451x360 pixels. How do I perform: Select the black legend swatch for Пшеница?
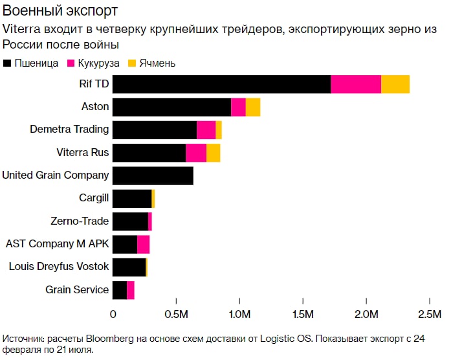point(8,63)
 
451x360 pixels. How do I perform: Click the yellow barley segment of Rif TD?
point(395,84)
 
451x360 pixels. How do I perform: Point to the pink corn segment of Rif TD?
point(356,84)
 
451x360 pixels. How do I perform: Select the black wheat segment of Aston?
point(171,107)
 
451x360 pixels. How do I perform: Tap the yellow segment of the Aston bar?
point(253,107)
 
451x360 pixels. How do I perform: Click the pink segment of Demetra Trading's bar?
point(206,129)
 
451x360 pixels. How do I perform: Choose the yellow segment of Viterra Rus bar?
point(213,153)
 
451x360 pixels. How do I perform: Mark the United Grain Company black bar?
point(153,175)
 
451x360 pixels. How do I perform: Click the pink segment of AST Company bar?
point(144,244)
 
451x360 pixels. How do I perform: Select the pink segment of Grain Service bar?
point(131,290)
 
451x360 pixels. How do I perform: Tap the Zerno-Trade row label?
point(80,221)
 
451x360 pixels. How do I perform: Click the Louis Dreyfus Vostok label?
point(59,267)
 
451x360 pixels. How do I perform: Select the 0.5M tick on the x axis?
point(176,315)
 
